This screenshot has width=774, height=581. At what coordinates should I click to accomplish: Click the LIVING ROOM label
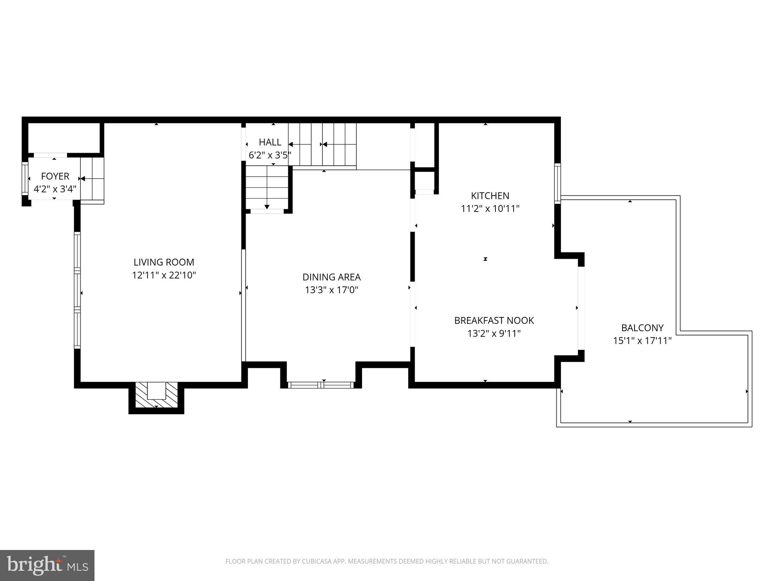164,262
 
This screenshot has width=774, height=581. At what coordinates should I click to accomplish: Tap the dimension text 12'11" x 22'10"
164,275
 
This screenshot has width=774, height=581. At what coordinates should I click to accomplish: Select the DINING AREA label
331,277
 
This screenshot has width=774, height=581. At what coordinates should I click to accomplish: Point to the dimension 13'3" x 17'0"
331,290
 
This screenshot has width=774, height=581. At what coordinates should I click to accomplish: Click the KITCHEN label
490,196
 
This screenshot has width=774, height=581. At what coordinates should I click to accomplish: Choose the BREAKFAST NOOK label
494,320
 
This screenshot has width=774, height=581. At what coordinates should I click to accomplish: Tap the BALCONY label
642,328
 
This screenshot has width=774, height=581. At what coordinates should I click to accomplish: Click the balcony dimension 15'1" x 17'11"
642,341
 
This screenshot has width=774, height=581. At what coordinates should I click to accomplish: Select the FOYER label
55,176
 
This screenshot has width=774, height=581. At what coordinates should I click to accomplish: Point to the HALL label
270,142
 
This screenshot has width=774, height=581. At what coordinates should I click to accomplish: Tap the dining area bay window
321,385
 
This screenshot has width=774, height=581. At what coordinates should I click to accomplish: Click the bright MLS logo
47,565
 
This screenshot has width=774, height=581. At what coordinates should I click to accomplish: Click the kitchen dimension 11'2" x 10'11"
490,208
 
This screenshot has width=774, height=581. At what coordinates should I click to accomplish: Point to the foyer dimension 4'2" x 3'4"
55,189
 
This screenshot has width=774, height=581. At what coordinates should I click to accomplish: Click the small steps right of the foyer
92,180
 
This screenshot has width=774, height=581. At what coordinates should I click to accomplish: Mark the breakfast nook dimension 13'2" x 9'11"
494,334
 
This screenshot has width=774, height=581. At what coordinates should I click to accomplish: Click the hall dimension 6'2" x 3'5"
270,155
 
